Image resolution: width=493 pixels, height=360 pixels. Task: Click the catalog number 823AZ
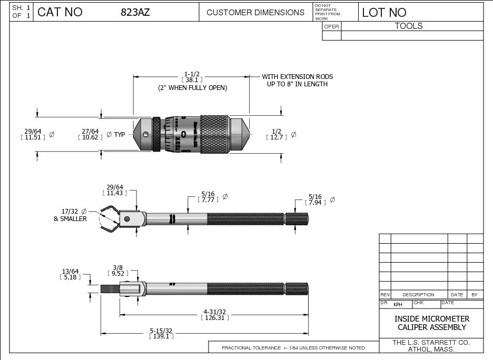(135, 12)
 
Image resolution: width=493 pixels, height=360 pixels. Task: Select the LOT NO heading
(384, 12)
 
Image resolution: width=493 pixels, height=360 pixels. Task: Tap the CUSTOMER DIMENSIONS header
(255, 12)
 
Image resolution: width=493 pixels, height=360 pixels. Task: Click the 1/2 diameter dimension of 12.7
(276, 134)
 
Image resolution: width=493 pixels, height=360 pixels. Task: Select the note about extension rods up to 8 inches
(297, 80)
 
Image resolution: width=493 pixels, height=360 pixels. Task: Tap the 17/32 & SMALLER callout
(70, 215)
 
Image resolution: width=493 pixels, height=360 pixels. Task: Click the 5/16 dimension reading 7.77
(206, 197)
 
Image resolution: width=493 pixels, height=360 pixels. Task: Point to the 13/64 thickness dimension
(70, 274)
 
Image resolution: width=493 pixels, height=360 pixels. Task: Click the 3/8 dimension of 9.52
(117, 271)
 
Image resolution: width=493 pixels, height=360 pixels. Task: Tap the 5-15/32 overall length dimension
(161, 333)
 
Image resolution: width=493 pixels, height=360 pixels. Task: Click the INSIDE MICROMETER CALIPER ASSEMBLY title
(431, 323)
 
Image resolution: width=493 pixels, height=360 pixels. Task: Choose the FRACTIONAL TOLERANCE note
(293, 348)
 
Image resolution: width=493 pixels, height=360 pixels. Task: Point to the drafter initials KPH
(398, 304)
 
